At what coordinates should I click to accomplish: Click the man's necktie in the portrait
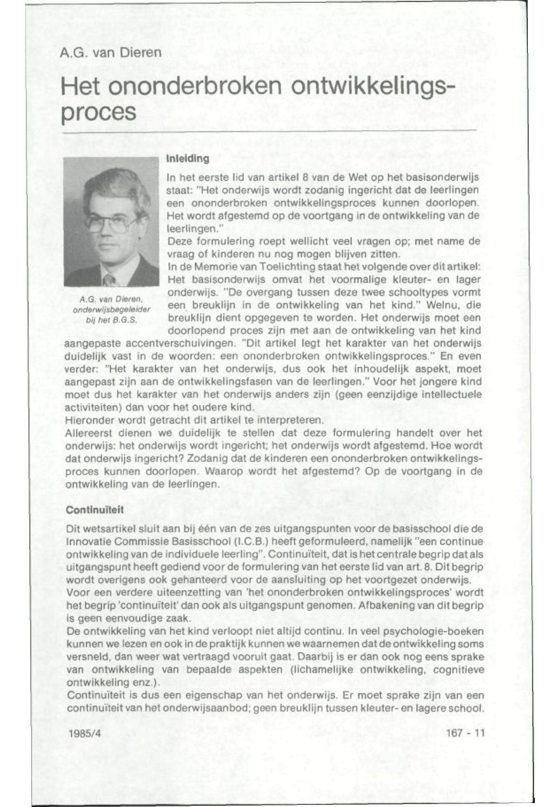pos(109,281)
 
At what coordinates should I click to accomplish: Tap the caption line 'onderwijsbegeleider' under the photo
pos(111,310)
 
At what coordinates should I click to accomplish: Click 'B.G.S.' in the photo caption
pos(126,320)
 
